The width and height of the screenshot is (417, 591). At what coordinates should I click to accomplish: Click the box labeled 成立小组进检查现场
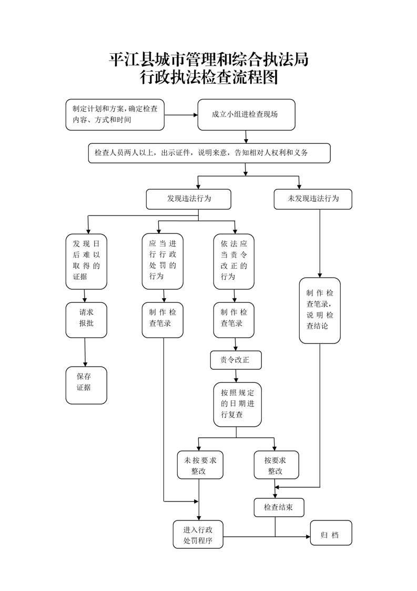click(246, 114)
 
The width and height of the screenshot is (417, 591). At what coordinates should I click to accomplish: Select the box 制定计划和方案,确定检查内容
click(115, 114)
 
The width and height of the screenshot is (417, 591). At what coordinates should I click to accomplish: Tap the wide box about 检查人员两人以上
click(209, 153)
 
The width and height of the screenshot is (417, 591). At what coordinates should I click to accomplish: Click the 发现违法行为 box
click(189, 199)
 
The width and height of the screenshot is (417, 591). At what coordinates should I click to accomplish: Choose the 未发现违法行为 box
click(313, 199)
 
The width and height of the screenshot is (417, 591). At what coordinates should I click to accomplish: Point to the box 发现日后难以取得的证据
click(86, 261)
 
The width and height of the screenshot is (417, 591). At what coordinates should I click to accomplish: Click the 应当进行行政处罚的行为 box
click(162, 261)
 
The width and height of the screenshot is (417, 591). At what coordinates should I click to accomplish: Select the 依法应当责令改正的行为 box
click(234, 261)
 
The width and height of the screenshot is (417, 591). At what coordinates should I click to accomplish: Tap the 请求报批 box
click(86, 319)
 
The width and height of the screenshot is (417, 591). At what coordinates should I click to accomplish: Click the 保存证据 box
click(86, 385)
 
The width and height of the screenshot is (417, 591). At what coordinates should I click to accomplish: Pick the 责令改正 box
click(236, 360)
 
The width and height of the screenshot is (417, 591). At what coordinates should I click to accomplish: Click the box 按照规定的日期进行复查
click(237, 404)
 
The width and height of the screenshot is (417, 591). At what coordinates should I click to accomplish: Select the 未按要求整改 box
click(199, 465)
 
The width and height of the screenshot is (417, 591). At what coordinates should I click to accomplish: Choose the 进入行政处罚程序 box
click(198, 535)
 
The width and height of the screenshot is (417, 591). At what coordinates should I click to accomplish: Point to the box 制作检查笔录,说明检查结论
click(320, 310)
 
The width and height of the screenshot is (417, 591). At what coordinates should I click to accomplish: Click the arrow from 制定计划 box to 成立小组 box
click(181, 114)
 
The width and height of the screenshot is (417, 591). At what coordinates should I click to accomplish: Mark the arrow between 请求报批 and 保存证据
click(85, 352)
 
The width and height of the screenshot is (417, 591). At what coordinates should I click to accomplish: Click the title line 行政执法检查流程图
click(208, 78)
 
